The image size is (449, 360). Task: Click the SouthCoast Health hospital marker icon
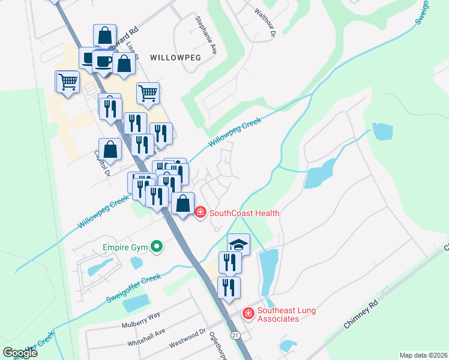[200, 212]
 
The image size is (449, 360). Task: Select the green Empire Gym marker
[157, 246]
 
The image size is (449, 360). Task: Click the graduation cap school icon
[238, 244]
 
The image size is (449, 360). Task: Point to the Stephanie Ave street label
[205, 35]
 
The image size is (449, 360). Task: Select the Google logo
[20, 353]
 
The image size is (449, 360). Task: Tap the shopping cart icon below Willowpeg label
[148, 93]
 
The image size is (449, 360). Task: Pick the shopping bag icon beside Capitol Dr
[111, 149]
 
